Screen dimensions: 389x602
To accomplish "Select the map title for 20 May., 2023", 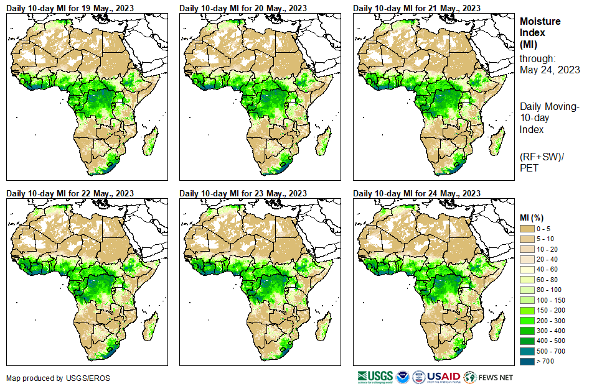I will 243,8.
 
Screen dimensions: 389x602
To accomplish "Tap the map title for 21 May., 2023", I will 416,8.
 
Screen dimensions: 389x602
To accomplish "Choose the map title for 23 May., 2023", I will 243,193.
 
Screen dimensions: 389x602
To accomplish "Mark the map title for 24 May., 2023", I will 416,193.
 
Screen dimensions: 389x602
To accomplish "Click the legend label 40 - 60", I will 548,270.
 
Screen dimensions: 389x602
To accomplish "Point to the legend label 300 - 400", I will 552,331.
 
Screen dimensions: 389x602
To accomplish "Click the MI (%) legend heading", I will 534,217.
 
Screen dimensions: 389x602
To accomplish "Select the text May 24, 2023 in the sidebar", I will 550,70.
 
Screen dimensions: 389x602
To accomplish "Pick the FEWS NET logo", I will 489,377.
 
